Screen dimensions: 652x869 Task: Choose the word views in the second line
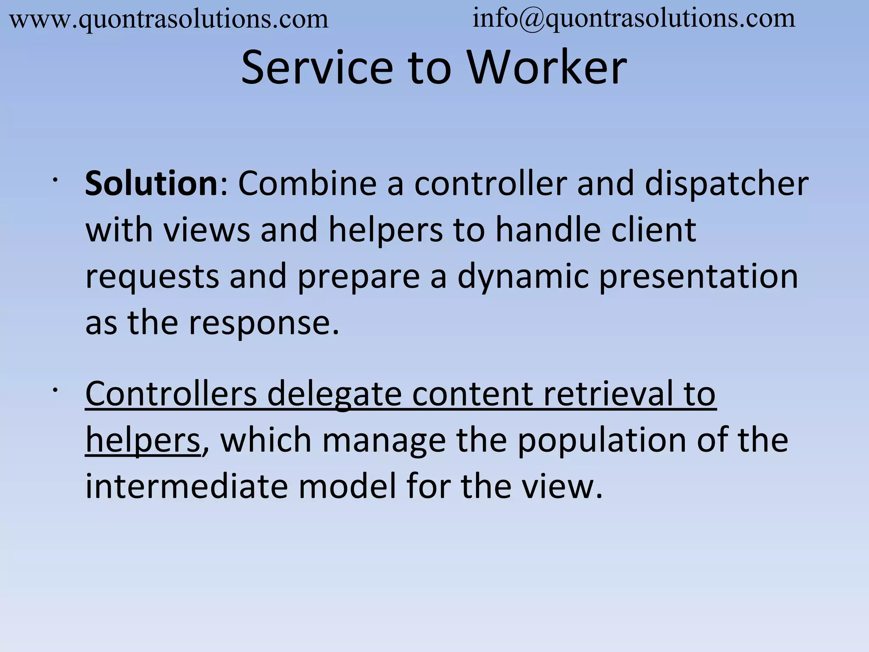tap(207, 230)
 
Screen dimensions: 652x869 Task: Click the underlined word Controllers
tap(171, 393)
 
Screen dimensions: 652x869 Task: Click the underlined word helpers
tap(143, 441)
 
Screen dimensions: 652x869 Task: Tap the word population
tap(601, 441)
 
